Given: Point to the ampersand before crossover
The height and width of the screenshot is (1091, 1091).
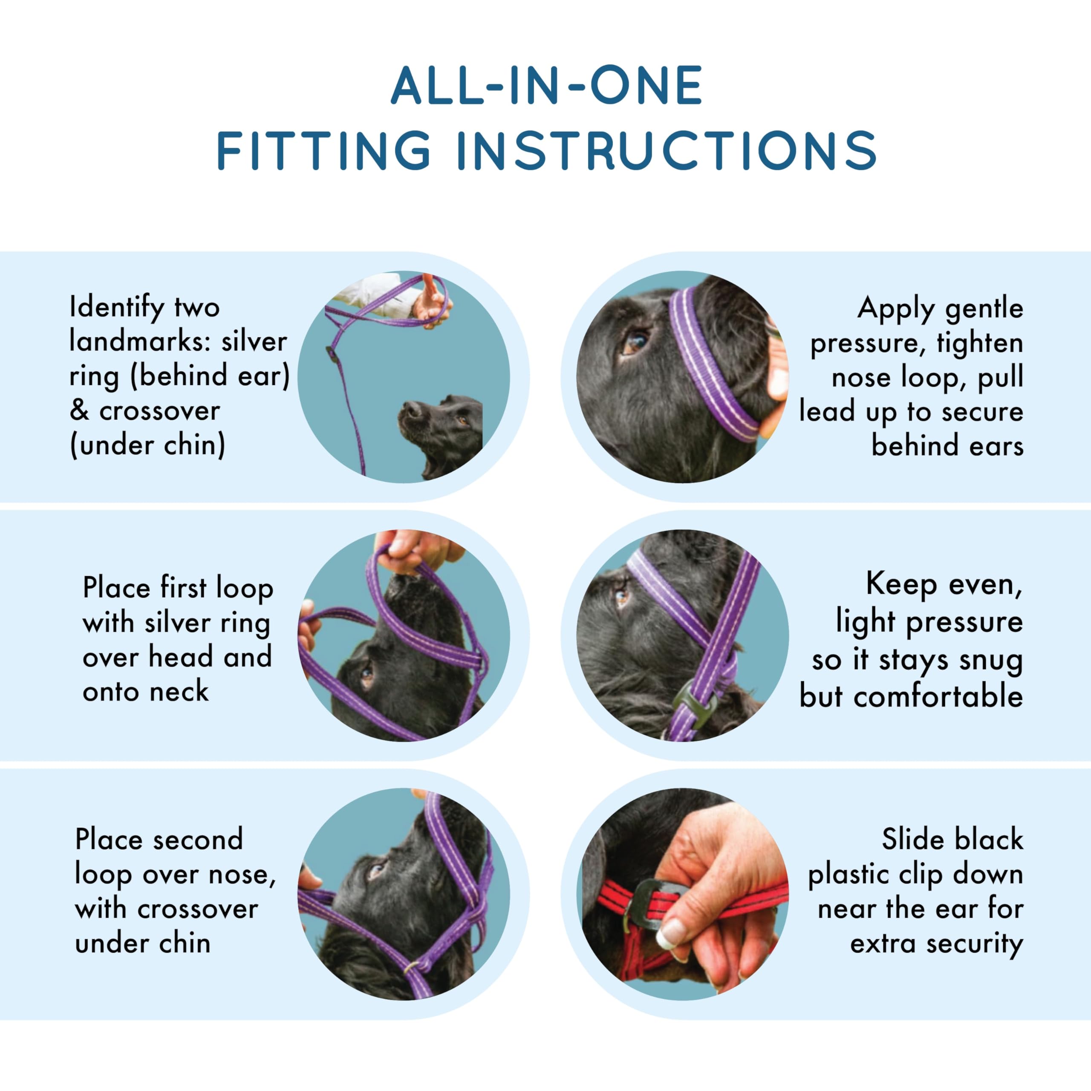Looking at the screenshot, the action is pos(79,410).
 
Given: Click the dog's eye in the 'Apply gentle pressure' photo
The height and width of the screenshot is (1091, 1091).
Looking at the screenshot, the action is pos(635,342).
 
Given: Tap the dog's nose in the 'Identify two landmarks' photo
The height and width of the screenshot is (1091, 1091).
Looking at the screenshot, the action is pos(411,410).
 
